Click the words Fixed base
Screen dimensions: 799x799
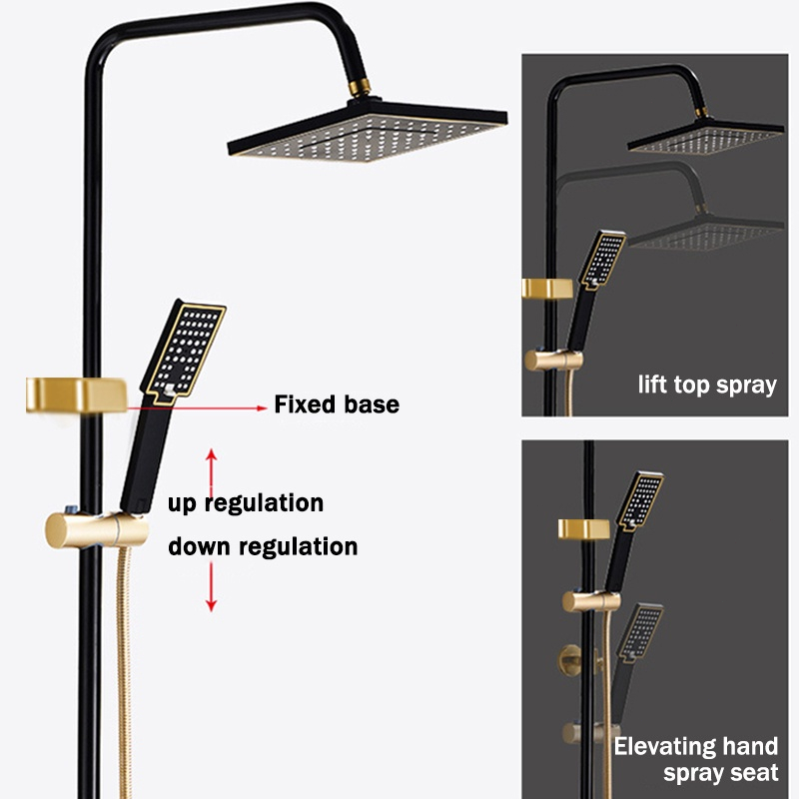point(337,404)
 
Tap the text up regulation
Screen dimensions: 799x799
point(246,503)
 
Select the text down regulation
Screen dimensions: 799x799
point(263,546)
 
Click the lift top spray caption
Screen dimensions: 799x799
point(707,385)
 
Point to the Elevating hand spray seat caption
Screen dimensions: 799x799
point(696,759)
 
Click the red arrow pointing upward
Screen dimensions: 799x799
point(212,472)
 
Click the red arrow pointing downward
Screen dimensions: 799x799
point(212,586)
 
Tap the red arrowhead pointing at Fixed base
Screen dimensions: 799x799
point(262,407)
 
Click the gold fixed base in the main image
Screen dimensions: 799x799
point(77,395)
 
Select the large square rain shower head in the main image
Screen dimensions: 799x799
point(367,132)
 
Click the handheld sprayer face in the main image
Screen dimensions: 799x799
point(184,351)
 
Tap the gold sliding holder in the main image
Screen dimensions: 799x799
point(97,530)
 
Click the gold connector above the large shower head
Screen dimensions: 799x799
point(360,88)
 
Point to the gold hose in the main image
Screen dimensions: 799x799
point(124,672)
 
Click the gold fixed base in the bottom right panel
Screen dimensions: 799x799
point(583,529)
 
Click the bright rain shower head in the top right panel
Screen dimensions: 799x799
point(706,137)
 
